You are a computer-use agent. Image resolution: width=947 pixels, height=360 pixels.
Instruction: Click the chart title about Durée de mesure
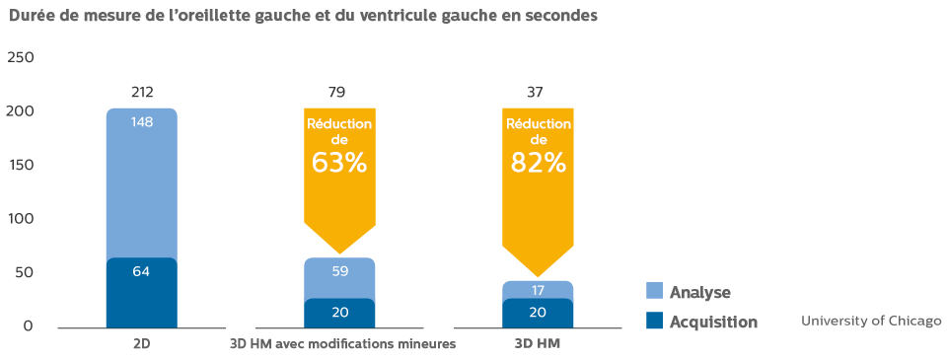pyautogui.click(x=303, y=16)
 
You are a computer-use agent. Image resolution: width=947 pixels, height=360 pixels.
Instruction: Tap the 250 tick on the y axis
pyautogui.click(x=21, y=57)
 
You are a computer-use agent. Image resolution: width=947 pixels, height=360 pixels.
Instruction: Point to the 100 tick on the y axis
pyautogui.click(x=21, y=218)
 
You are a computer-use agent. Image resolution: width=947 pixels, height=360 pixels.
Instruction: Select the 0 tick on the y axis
pyautogui.click(x=29, y=325)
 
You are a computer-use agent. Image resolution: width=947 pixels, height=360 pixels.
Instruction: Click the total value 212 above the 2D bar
pyautogui.click(x=142, y=93)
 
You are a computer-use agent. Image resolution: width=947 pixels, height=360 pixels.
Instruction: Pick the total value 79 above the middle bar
pyautogui.click(x=339, y=93)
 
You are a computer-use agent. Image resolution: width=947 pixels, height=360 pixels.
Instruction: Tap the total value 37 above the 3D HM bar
pyautogui.click(x=538, y=93)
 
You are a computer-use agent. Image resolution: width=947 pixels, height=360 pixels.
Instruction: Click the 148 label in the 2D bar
pyautogui.click(x=142, y=122)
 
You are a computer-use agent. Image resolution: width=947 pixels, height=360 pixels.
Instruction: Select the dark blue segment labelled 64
pyautogui.click(x=142, y=293)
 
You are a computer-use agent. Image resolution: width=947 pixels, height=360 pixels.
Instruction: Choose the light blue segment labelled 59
pyautogui.click(x=339, y=277)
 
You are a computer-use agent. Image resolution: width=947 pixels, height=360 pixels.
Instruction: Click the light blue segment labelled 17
pyautogui.click(x=538, y=290)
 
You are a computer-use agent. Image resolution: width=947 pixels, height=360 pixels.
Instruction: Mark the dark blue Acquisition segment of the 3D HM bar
pyautogui.click(x=538, y=313)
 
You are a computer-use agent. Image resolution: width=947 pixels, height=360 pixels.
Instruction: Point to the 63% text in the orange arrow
pyautogui.click(x=339, y=163)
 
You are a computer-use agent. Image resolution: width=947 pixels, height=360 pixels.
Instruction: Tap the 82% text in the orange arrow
pyautogui.click(x=539, y=163)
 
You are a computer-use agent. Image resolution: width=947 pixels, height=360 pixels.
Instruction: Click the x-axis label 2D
pyautogui.click(x=142, y=344)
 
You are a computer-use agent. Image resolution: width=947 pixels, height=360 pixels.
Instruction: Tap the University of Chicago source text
pyautogui.click(x=871, y=322)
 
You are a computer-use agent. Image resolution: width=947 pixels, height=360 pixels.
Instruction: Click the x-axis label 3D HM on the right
pyautogui.click(x=538, y=344)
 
